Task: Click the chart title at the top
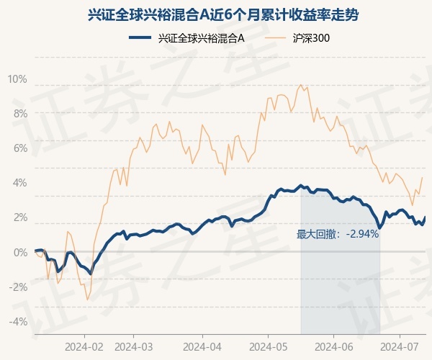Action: click(x=223, y=14)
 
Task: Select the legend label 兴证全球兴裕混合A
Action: click(x=201, y=37)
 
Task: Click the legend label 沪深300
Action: click(x=311, y=37)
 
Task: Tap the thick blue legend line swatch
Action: click(x=140, y=37)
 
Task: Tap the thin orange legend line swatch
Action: click(x=276, y=37)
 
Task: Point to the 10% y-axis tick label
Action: click(x=17, y=79)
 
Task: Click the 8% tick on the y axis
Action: click(x=20, y=114)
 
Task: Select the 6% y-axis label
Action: click(x=20, y=148)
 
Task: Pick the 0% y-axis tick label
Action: click(x=20, y=252)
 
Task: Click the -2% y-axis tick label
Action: click(x=18, y=287)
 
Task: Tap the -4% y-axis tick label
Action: click(x=18, y=321)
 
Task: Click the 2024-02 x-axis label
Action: click(x=84, y=347)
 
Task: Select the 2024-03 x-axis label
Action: click(x=134, y=347)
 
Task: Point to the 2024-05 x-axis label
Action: click(x=268, y=347)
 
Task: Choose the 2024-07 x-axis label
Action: click(x=400, y=347)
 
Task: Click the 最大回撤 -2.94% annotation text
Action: click(x=338, y=235)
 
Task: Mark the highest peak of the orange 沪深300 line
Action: click(x=300, y=84)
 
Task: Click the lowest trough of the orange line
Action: click(x=88, y=300)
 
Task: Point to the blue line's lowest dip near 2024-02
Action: click(x=91, y=274)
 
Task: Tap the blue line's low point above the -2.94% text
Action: click(x=380, y=228)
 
